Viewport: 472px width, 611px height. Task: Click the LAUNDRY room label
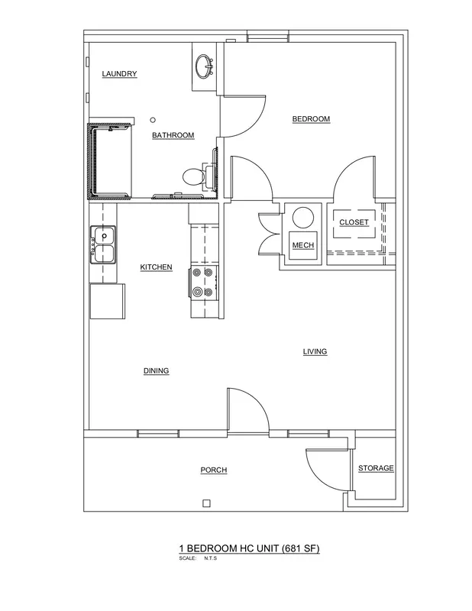pyautogui.click(x=119, y=73)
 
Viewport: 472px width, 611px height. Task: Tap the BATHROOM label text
pyautogui.click(x=173, y=135)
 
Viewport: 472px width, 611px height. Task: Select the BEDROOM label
pyautogui.click(x=311, y=119)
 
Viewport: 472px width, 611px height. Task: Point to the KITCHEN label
pyautogui.click(x=156, y=267)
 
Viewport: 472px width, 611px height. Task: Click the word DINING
pyautogui.click(x=157, y=370)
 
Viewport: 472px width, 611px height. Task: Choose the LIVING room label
pyautogui.click(x=315, y=351)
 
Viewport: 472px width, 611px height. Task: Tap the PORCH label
pyautogui.click(x=214, y=470)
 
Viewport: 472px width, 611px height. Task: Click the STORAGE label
pyautogui.click(x=376, y=468)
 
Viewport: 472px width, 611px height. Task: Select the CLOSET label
pyautogui.click(x=354, y=222)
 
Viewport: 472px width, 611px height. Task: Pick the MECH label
pyautogui.click(x=303, y=245)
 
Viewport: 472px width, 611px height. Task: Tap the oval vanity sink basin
pyautogui.click(x=204, y=66)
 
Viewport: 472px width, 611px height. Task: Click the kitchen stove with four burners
pyautogui.click(x=204, y=283)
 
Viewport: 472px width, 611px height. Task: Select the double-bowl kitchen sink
pyautogui.click(x=103, y=244)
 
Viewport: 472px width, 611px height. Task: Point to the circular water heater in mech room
pyautogui.click(x=303, y=218)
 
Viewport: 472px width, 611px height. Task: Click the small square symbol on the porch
pyautogui.click(x=206, y=503)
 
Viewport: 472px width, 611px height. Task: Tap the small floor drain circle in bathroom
pyautogui.click(x=154, y=120)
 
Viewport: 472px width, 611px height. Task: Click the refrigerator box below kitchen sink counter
pyautogui.click(x=108, y=301)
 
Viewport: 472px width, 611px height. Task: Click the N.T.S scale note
pyautogui.click(x=210, y=558)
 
